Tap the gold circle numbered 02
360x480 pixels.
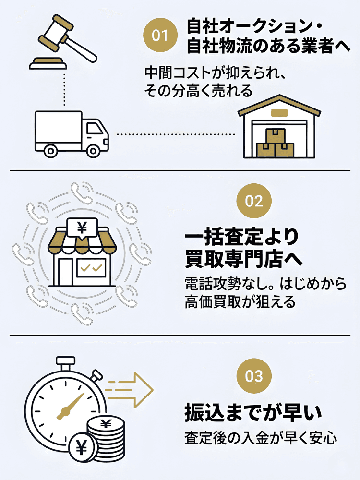point(254,201)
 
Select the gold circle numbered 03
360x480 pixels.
point(254,376)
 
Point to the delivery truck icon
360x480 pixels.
point(72,133)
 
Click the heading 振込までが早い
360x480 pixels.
point(252,412)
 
